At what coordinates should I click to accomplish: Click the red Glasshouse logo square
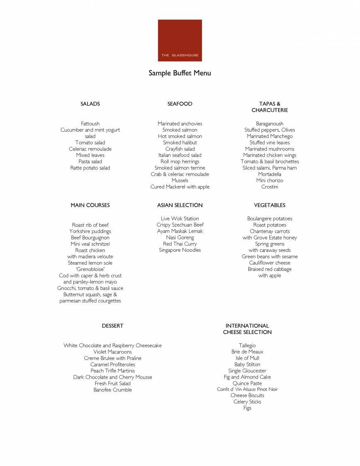point(180,40)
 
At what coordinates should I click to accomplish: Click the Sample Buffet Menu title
point(180,73)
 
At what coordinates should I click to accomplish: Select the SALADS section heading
point(90,104)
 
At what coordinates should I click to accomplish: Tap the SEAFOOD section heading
point(180,104)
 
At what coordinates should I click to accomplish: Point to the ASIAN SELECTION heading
point(180,205)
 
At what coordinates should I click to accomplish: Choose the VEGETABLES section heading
point(269,205)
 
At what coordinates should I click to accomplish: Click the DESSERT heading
point(113,326)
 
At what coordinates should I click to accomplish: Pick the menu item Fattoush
point(90,123)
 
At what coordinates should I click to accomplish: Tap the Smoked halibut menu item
point(180,142)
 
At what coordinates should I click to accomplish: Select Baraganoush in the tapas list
point(269,123)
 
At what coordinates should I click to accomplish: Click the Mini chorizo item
point(269,181)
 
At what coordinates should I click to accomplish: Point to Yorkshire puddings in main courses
point(90,231)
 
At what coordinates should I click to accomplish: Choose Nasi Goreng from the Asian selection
point(180,237)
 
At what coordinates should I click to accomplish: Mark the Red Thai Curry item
point(180,244)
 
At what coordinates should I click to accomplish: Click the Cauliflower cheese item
point(269,263)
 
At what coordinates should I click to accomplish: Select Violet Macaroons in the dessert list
point(113,352)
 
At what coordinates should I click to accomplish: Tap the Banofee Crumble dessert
point(113,390)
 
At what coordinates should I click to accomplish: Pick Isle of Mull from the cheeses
point(247,358)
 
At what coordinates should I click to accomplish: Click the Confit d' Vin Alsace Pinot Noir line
point(247,389)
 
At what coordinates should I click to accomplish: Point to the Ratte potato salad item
point(90,168)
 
